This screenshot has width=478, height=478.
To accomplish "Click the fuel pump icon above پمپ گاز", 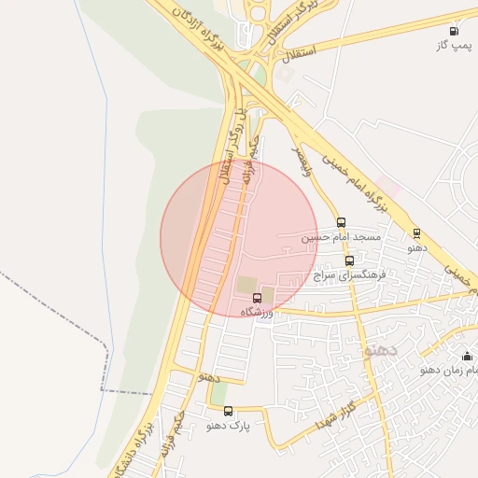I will (454, 31).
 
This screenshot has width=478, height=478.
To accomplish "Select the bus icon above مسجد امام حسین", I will (341, 223).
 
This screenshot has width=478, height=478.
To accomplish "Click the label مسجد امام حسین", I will (341, 238).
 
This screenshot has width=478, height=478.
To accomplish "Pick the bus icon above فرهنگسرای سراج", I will (349, 261).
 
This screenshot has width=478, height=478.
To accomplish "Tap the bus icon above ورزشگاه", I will (258, 298).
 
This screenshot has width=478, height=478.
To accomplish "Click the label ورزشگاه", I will (256, 312).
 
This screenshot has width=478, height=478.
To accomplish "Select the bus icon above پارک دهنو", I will (228, 411).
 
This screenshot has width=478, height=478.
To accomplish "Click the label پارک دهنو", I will (229, 426).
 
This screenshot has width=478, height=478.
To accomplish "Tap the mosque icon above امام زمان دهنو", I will (467, 356).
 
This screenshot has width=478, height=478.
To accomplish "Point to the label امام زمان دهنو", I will (449, 370).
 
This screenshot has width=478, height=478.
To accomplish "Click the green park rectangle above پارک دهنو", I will (218, 393).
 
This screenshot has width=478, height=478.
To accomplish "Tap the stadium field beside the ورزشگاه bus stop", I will (246, 284).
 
